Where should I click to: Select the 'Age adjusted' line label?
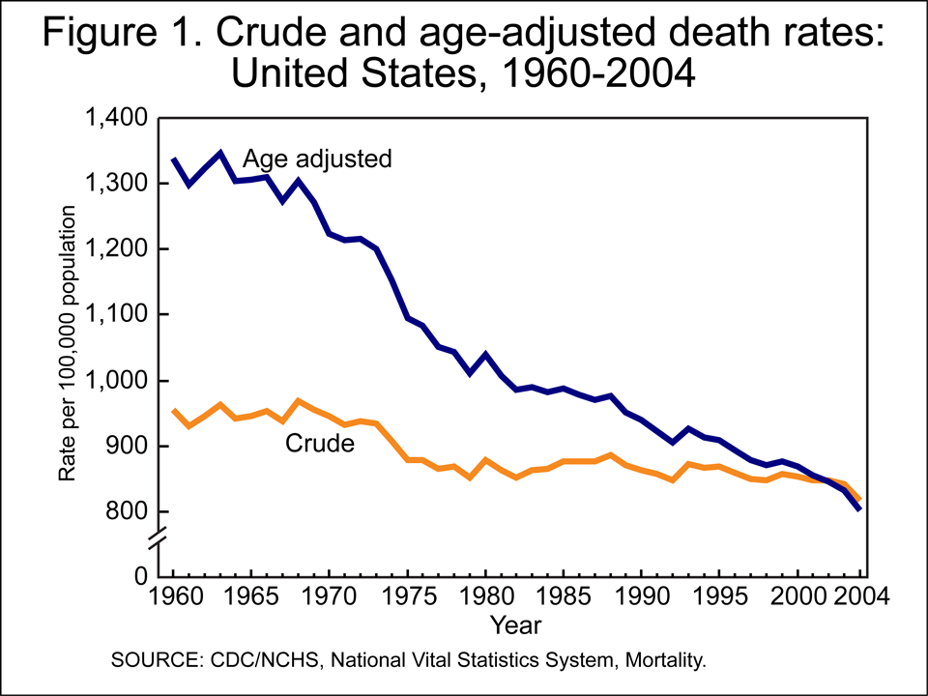316,159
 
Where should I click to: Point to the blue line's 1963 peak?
220,153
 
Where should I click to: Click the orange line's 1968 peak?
299,400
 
